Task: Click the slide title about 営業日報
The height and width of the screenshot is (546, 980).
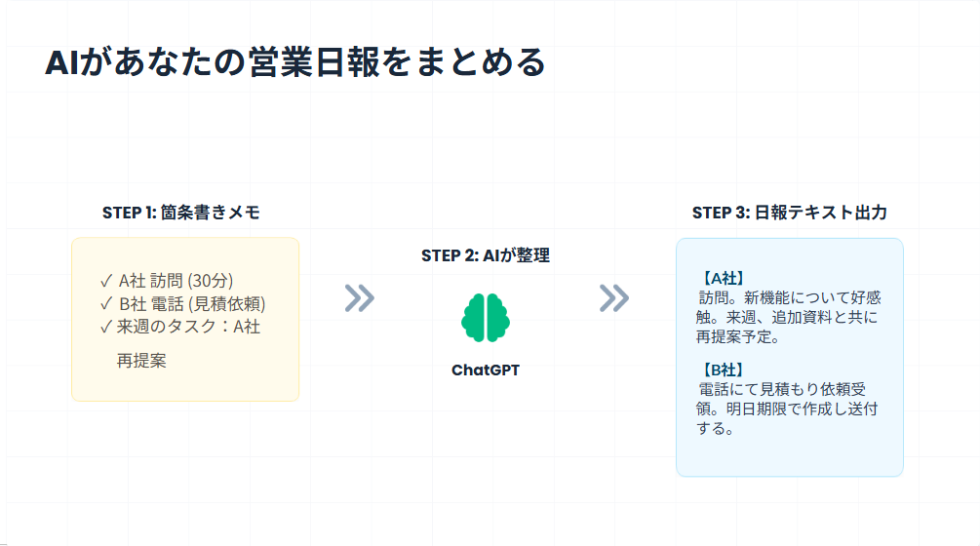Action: pos(294,62)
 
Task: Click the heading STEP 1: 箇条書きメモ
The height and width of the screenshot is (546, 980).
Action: pos(181,213)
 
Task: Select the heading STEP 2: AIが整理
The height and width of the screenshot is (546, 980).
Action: pos(486,255)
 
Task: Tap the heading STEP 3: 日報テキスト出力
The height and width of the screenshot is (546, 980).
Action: pos(789,213)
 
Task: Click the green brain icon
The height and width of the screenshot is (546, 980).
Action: pos(486,317)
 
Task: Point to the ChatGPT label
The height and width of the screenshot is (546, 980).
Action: pos(486,370)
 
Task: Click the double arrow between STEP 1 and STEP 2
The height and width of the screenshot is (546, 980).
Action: pos(360,298)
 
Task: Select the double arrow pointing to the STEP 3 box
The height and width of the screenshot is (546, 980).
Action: pos(614,298)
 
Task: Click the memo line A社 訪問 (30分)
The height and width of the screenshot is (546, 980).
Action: pos(176,281)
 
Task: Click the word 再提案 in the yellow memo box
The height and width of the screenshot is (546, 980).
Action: pos(141,361)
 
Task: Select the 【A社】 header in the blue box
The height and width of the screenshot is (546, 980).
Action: pos(724,278)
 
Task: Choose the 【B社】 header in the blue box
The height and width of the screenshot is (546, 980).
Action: pos(724,370)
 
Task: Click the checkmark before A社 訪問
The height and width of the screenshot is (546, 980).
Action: pos(106,281)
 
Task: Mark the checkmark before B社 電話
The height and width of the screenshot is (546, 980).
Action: pos(106,303)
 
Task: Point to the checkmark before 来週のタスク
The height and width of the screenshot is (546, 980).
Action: pos(106,327)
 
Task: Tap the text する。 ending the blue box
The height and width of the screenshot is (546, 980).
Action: pos(716,428)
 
